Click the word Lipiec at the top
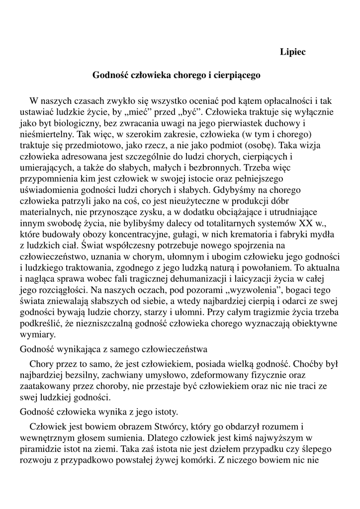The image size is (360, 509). point(293,52)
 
